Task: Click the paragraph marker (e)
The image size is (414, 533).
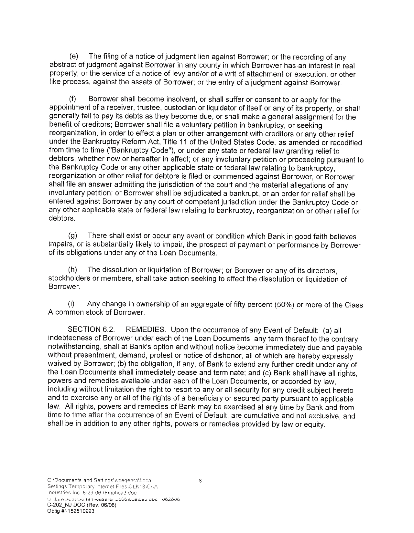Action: coord(74,57)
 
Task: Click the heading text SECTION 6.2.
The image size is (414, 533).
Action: coord(92,330)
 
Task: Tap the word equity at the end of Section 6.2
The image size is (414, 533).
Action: coord(313,424)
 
